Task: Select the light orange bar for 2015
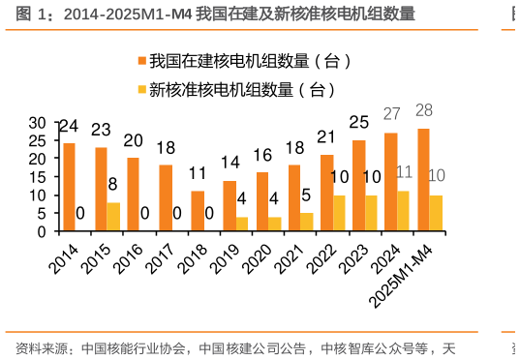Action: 113,217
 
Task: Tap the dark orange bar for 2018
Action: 198,211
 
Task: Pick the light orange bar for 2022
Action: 339,213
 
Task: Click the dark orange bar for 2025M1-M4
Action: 423,180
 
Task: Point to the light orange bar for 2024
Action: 404,211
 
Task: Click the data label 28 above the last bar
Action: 423,110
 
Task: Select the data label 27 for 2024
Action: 391,114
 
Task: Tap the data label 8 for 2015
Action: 113,184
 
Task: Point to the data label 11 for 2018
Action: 198,173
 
